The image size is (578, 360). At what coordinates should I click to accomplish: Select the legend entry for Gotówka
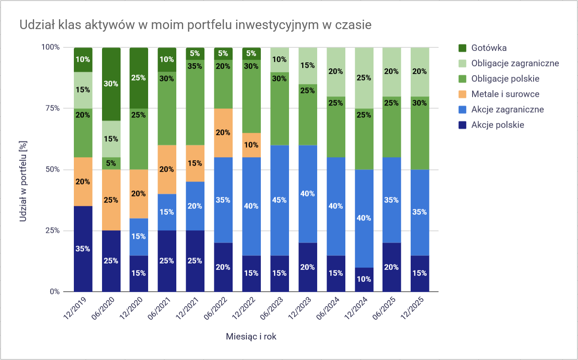[x=489, y=48]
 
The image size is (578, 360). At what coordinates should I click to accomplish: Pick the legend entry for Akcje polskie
[x=497, y=125]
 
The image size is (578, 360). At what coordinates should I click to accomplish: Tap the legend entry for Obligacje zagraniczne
[x=515, y=63]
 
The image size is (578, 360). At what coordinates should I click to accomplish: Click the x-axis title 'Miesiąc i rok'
[x=251, y=337]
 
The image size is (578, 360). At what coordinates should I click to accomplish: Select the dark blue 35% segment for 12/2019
[x=83, y=249]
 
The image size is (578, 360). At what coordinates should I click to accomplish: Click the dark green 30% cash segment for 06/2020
[x=111, y=84]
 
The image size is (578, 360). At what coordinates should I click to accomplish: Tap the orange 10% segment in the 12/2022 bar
[x=251, y=145]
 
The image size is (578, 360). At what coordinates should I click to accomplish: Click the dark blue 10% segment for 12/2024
[x=363, y=279]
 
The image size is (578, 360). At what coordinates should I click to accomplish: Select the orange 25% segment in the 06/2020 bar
[x=111, y=200]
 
